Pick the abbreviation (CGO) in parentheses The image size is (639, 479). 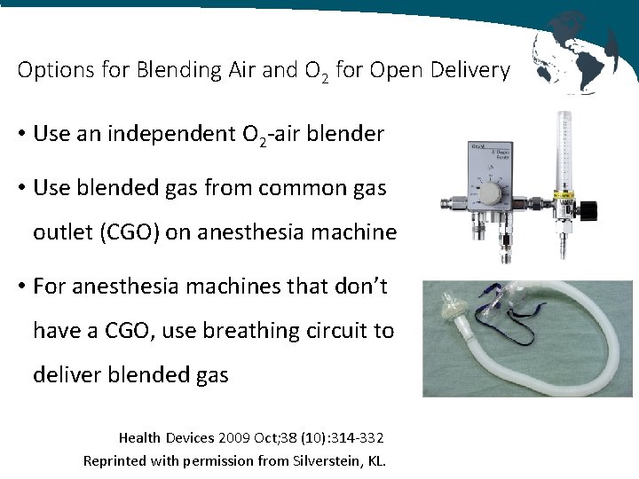[x=161, y=232]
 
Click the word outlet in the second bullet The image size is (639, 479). [x=61, y=232]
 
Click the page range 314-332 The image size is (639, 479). [x=352, y=437]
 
